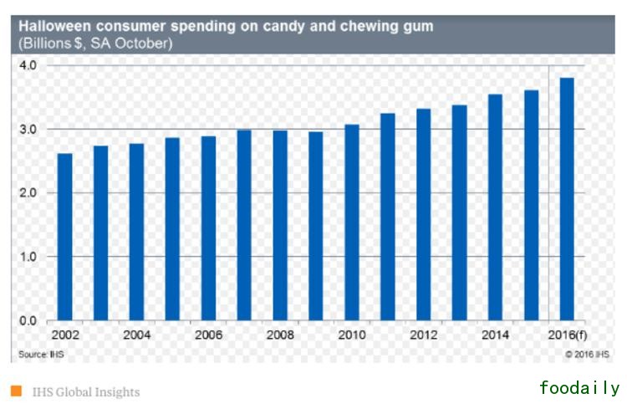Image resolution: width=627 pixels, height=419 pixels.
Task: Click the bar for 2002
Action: coord(65,238)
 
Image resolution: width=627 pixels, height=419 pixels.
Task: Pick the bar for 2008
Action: coord(280,226)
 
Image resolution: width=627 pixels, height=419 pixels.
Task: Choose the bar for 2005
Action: coord(172,229)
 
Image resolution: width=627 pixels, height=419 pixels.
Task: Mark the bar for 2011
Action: coord(388,217)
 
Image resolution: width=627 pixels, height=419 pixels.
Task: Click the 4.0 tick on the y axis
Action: coord(28,65)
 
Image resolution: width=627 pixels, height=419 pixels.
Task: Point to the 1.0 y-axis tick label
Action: coord(28,257)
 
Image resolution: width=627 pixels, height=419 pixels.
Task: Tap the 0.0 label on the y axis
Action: coord(28,321)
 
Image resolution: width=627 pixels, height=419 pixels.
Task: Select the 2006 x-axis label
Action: coord(208,335)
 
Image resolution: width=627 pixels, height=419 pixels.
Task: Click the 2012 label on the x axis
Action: coord(423,335)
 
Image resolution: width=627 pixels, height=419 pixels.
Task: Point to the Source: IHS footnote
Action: coord(40,354)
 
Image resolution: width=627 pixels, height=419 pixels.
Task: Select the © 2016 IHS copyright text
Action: coord(586,354)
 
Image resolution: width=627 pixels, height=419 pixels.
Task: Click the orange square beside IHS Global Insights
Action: coord(16,391)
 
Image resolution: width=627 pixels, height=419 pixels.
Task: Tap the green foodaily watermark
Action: coord(579,388)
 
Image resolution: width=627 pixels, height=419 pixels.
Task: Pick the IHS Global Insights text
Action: coord(86,391)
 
